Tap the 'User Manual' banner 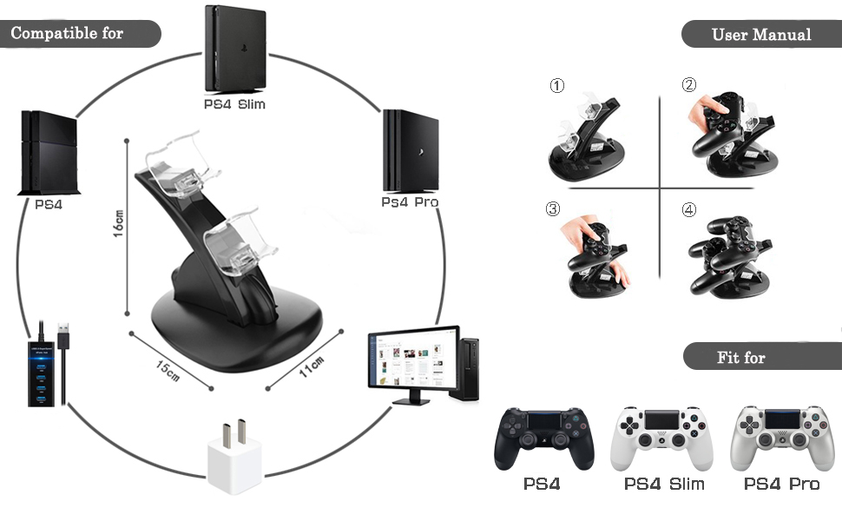point(760,35)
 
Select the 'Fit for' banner point(740,357)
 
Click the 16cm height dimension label point(119,227)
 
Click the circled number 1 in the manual point(557,86)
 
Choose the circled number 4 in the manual point(688,209)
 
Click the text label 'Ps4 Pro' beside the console point(410,201)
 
